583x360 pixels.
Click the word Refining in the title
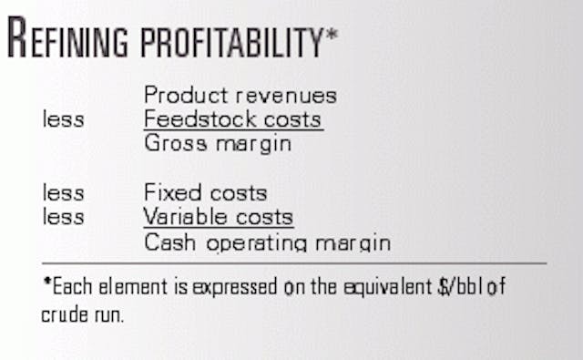(68, 40)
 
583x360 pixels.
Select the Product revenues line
(240, 96)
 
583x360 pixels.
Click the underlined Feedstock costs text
(233, 119)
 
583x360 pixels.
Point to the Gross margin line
(218, 143)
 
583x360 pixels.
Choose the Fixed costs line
(206, 193)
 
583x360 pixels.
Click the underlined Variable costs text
(219, 217)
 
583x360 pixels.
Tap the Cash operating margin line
(267, 242)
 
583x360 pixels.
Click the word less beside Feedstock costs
(63, 119)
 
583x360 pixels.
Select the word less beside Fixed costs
(63, 193)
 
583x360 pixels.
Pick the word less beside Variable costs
(63, 217)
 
